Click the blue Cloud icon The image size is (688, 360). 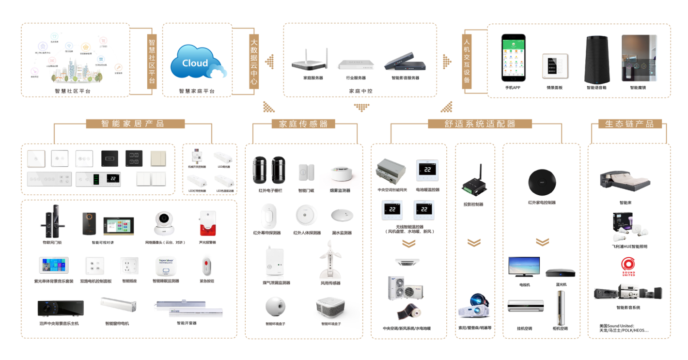(x=196, y=62)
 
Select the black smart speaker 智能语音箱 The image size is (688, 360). (x=596, y=60)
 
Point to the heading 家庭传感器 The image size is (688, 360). (x=304, y=124)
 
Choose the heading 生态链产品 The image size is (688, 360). (x=629, y=124)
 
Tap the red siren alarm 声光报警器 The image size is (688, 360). (x=207, y=223)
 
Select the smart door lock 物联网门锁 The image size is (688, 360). (x=52, y=223)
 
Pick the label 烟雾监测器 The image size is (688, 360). (x=340, y=191)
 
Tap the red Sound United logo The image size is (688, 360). (x=628, y=265)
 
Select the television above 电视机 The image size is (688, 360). (x=523, y=267)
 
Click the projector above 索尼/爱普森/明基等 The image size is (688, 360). (x=473, y=308)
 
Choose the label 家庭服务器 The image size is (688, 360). (x=313, y=78)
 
